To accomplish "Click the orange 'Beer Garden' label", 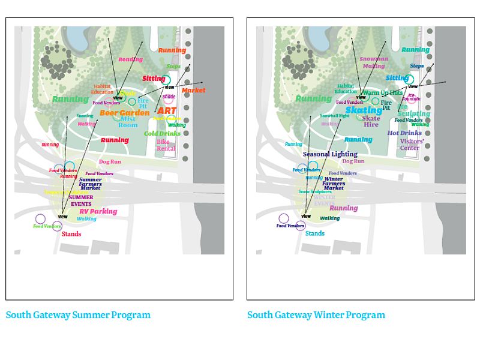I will (125, 113).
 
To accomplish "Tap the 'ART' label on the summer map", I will (167, 111).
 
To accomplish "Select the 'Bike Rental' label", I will (166, 145).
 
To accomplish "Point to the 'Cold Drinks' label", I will (162, 133).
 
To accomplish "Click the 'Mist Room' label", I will (128, 122).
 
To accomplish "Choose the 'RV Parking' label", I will (98, 211).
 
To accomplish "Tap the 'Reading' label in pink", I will (130, 59).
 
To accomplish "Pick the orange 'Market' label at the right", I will (193, 91).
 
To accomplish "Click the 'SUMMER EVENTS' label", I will (81, 200).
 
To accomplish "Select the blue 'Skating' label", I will (364, 110).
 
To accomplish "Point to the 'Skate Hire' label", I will (371, 121).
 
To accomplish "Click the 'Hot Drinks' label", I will (404, 133).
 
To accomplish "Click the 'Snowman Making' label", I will (374, 62).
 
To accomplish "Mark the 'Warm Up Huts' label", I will (383, 93).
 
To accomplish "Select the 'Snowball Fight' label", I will (334, 115).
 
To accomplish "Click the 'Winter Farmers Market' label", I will (334, 183).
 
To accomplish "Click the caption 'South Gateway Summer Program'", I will (78, 314).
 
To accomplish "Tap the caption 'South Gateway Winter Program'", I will (316, 314).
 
